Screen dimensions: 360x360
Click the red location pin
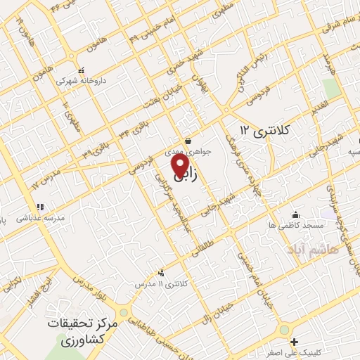pyautogui.click(x=181, y=165)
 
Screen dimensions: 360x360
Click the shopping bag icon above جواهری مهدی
pyautogui.click(x=186, y=141)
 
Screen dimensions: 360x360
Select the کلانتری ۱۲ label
pyautogui.click(x=264, y=130)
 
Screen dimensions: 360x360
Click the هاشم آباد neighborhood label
pyautogui.click(x=311, y=248)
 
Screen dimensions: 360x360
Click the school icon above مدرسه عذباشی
pyautogui.click(x=40, y=207)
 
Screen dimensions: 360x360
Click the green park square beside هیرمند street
pyautogui.click(x=330, y=88)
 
